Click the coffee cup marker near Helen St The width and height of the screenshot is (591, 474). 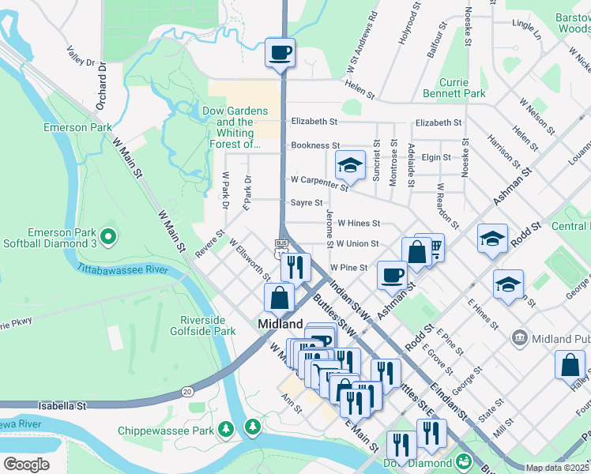[280, 54]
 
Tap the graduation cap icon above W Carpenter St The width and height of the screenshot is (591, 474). [350, 166]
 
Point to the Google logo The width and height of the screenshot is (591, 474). [26, 465]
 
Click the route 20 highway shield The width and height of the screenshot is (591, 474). [187, 391]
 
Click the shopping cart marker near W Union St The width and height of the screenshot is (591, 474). [431, 247]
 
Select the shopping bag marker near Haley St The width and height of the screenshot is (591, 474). [570, 367]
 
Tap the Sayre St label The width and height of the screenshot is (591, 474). [307, 203]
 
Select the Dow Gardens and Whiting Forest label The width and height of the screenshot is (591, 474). [235, 127]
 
